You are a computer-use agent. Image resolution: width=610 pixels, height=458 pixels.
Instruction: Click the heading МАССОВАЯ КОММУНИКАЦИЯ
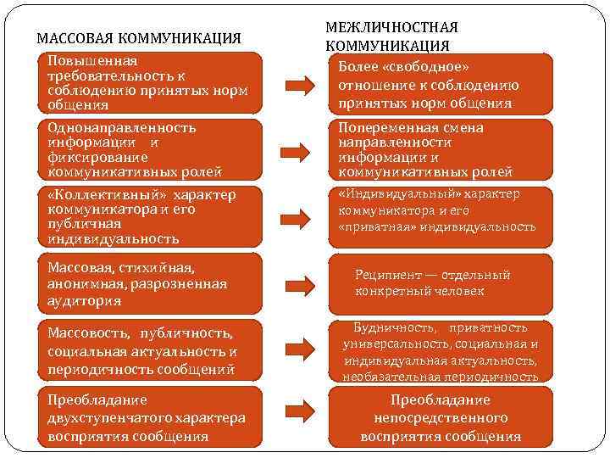(140, 38)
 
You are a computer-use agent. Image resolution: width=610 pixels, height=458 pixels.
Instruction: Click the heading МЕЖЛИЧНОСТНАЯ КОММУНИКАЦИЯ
(391, 36)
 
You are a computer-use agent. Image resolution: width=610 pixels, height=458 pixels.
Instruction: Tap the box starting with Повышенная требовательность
(152, 83)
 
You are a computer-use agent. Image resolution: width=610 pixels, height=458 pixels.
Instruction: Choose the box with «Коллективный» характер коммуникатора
(152, 216)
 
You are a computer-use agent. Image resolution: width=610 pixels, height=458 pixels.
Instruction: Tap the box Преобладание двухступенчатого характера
(152, 417)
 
